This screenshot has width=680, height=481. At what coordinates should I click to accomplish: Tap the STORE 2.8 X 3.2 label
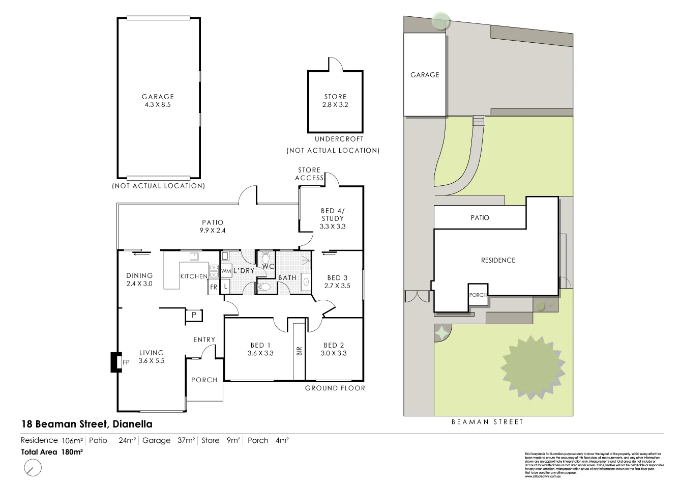pos(335,100)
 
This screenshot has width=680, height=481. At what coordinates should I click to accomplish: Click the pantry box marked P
pos(194,316)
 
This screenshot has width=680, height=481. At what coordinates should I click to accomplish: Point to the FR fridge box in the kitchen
pos(214,287)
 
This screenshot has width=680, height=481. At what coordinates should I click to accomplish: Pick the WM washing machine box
pos(226,271)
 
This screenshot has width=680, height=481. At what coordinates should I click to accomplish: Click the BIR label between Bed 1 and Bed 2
pos(299,350)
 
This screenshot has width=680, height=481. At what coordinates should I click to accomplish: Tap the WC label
pos(268,266)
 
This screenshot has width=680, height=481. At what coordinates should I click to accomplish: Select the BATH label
pos(287,277)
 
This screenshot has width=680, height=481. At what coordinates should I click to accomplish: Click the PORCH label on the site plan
pos(478,295)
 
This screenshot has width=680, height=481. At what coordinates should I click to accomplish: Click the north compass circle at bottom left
pos(33,467)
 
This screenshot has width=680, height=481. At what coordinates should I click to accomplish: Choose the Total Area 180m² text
pos(52,451)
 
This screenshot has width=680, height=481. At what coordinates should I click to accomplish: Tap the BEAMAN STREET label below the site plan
pos(487,422)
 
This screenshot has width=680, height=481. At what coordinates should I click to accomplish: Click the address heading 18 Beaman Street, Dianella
pos(86,423)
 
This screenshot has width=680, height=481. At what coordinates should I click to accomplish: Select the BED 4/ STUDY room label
pos(333,218)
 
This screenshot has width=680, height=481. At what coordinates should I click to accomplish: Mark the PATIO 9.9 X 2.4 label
pos(213,226)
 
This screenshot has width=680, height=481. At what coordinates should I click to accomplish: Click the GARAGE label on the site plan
pos(424,75)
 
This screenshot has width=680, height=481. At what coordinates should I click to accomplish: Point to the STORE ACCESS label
pos(309,174)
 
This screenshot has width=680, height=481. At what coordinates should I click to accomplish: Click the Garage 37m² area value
pos(168,440)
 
